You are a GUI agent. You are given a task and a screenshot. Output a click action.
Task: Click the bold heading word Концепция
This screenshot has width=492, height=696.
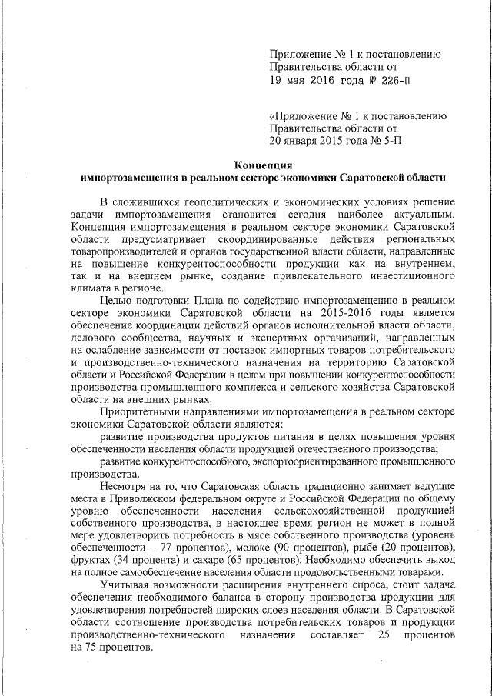264,164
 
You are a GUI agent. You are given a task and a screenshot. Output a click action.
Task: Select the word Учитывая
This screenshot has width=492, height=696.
123,585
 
